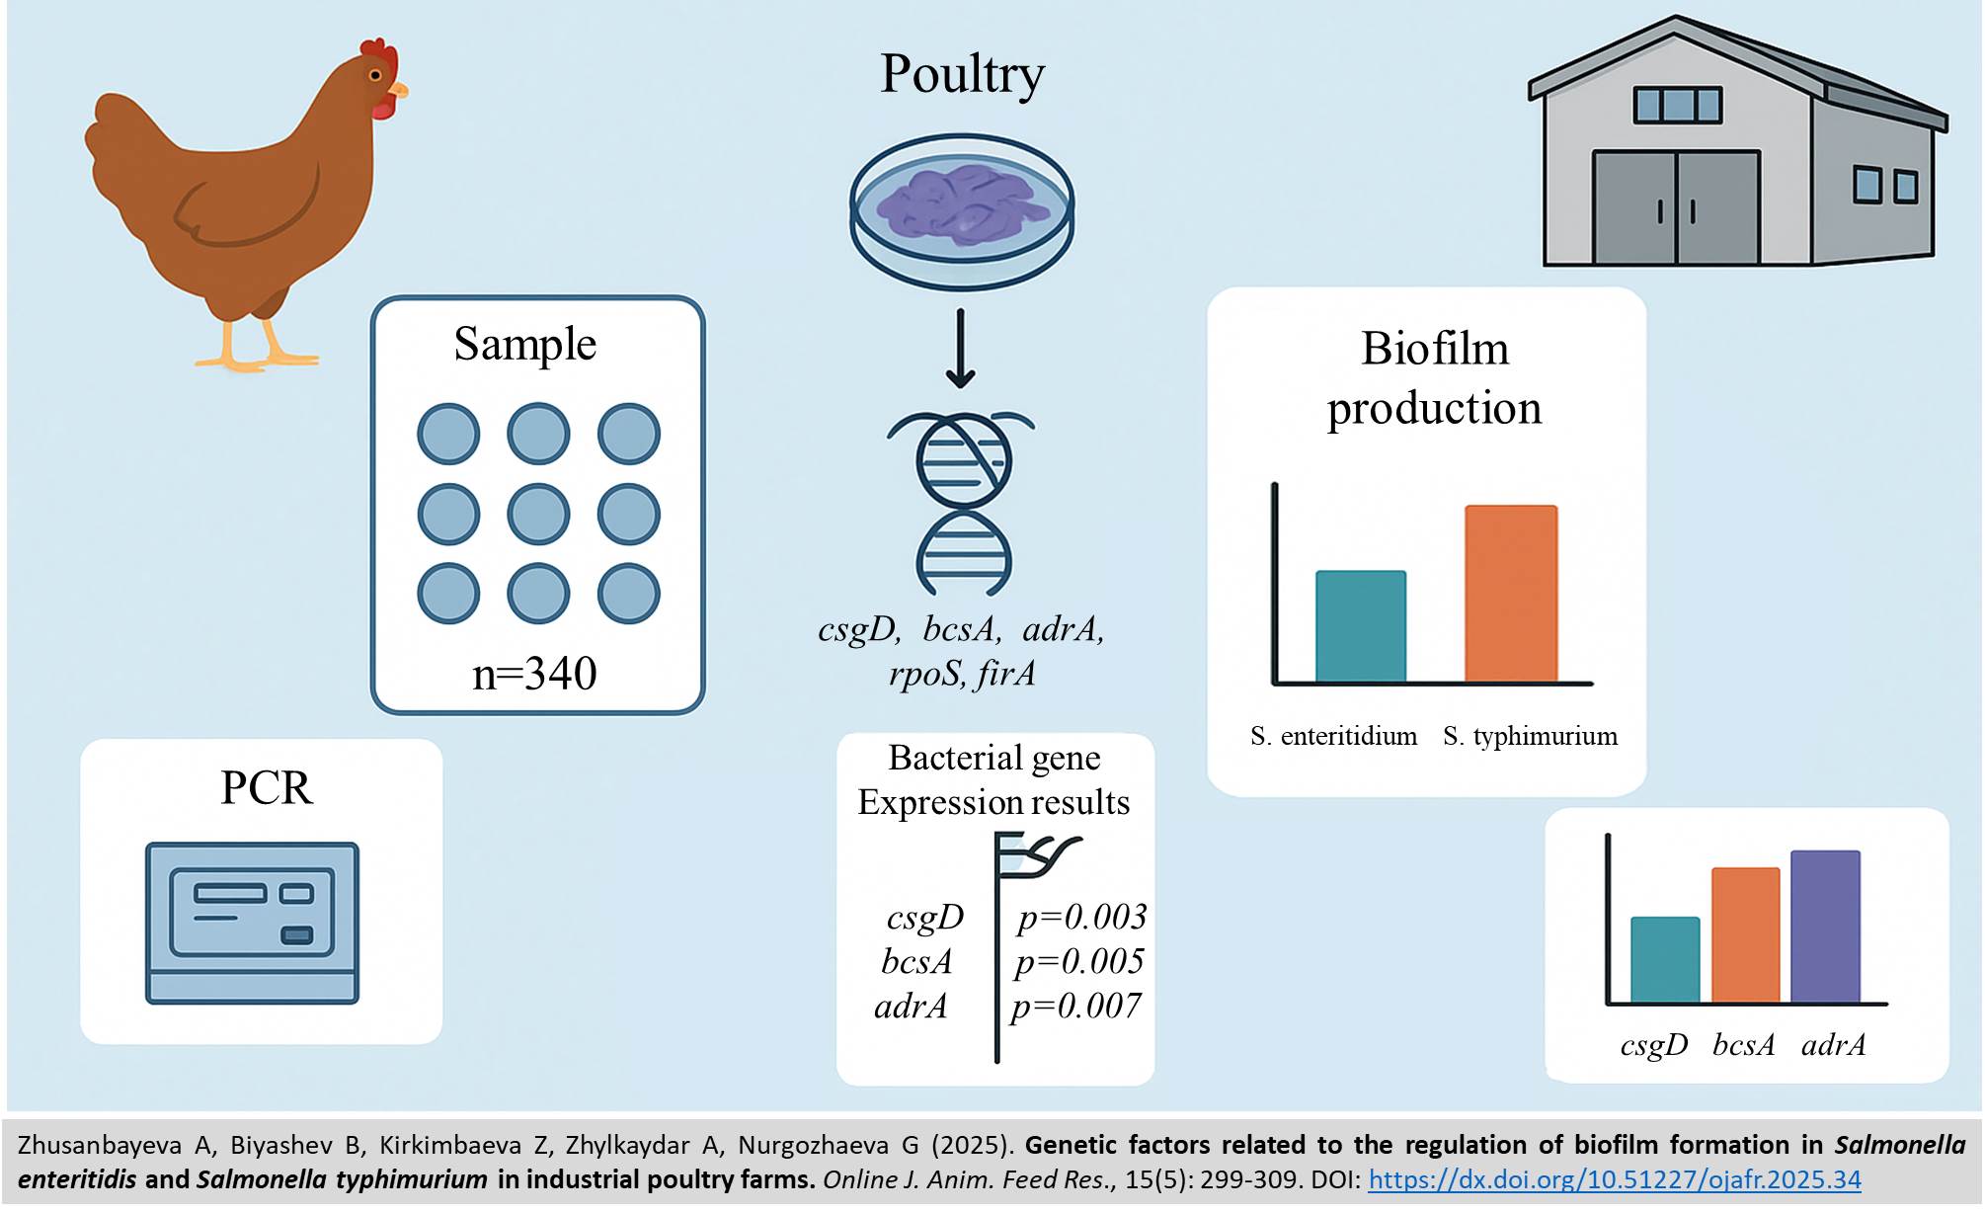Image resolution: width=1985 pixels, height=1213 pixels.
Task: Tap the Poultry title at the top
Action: [962, 74]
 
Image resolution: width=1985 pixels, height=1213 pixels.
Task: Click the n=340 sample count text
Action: [534, 674]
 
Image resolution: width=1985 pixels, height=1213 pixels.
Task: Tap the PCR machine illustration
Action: [252, 923]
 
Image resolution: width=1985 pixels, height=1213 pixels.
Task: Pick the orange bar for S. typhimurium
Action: [1510, 593]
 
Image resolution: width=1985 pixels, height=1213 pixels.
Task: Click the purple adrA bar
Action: [1825, 926]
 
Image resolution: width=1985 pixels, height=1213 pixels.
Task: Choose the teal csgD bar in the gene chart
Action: [1664, 959]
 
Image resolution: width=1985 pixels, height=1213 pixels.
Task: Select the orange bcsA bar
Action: [1745, 934]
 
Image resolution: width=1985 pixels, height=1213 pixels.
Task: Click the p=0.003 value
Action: [1081, 917]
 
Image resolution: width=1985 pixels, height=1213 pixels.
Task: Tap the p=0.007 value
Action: [1075, 1006]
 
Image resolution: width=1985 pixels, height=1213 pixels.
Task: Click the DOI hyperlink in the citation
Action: [1614, 1179]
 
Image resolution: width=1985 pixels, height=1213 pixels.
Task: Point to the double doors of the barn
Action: [1676, 207]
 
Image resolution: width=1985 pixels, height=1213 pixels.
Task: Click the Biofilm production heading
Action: [1434, 377]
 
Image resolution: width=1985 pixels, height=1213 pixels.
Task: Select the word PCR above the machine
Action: [266, 787]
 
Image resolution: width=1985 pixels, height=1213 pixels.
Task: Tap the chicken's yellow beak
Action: [398, 91]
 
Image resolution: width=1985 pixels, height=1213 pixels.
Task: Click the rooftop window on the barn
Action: [1677, 105]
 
